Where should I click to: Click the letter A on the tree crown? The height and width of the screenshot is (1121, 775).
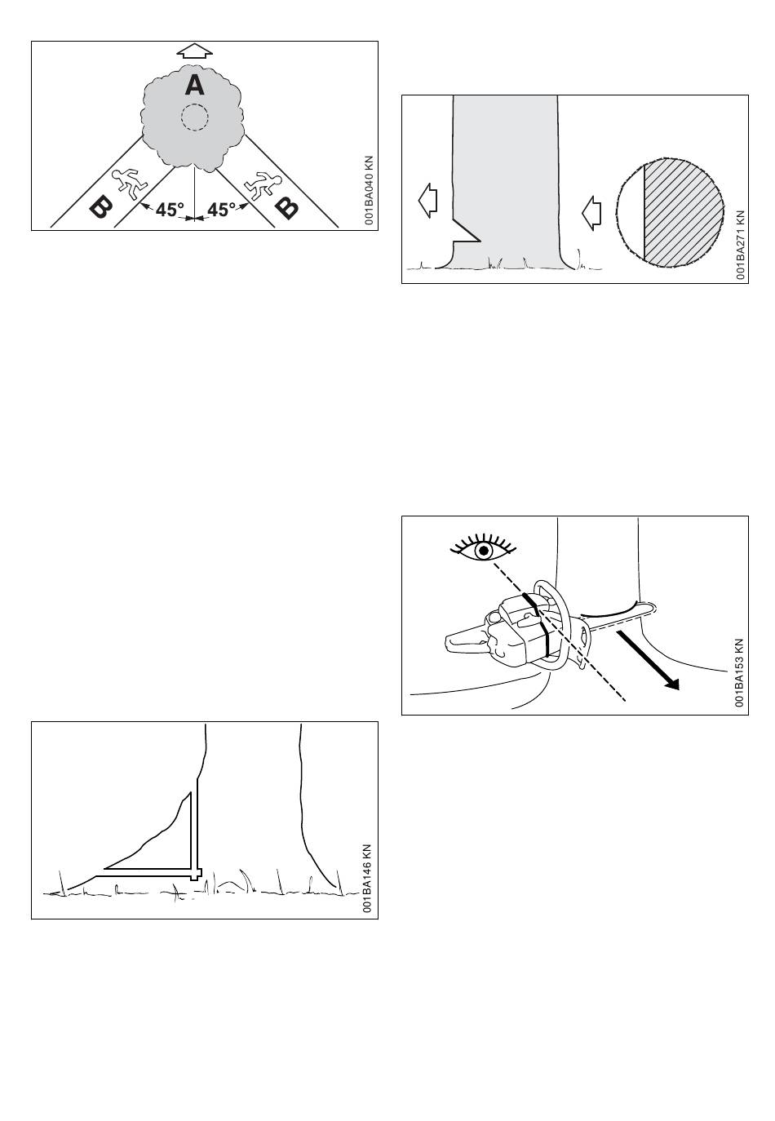pos(194,84)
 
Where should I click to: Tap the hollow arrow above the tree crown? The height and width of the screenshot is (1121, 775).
pos(194,51)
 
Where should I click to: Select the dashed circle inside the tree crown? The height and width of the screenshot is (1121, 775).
pos(194,117)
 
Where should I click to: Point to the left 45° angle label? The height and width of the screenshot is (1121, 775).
pos(170,210)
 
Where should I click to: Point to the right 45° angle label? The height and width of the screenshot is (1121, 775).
pos(220,210)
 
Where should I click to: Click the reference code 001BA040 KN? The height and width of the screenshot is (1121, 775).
pos(369,191)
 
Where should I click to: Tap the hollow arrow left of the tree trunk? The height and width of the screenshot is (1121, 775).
pos(427,199)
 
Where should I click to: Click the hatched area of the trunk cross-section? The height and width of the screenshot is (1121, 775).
pos(683,210)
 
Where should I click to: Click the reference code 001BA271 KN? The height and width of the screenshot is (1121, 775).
pos(740,246)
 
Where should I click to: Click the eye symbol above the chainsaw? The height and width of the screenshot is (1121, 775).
pos(485,551)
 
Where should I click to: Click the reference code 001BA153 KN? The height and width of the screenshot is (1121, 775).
pos(739,672)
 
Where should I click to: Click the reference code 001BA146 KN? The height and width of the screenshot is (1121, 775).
pos(369,879)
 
